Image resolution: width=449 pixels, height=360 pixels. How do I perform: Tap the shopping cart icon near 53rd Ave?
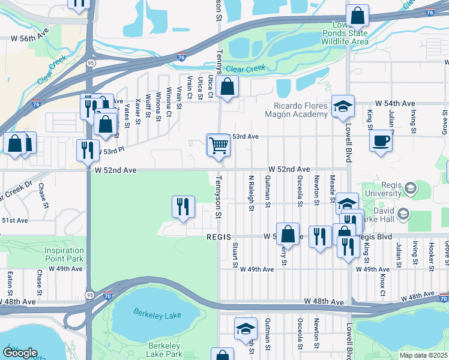[x=218, y=145]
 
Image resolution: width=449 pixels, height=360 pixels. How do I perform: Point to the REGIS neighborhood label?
[x=219, y=237]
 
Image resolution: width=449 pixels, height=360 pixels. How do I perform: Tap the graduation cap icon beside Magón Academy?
[x=343, y=106]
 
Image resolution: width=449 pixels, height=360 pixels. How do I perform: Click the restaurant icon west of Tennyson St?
[x=183, y=206]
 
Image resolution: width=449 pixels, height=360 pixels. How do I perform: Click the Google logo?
[x=20, y=353]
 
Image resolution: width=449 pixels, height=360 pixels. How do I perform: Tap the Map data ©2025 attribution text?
[x=424, y=355]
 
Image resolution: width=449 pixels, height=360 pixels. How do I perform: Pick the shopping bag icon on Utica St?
[x=228, y=87]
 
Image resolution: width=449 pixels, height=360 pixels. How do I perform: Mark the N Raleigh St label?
[x=251, y=193]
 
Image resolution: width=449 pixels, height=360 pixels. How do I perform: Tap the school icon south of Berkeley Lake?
[x=246, y=329]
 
